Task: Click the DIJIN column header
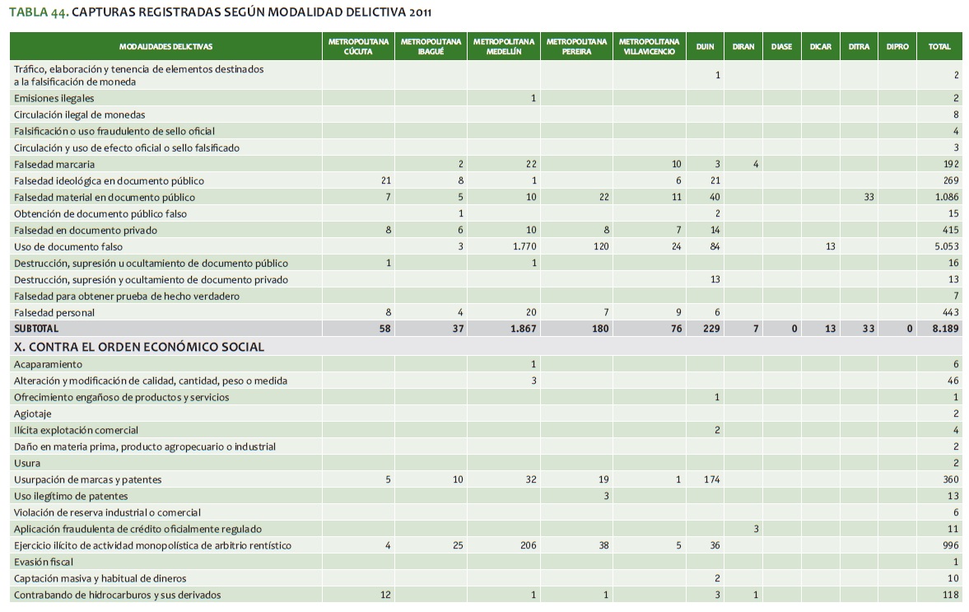[x=705, y=47]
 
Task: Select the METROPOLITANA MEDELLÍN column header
[x=504, y=47]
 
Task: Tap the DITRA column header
[x=859, y=47]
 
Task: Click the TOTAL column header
[x=939, y=47]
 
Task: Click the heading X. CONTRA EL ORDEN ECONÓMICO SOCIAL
[x=139, y=347]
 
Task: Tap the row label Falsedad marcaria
[x=54, y=165]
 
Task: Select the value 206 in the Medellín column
[x=528, y=545]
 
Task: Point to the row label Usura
[x=27, y=463]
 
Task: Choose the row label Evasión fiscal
[x=44, y=562]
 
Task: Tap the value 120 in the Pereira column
[x=600, y=247]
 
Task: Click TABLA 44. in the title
[x=38, y=12]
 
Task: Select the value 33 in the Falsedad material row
[x=869, y=198]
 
